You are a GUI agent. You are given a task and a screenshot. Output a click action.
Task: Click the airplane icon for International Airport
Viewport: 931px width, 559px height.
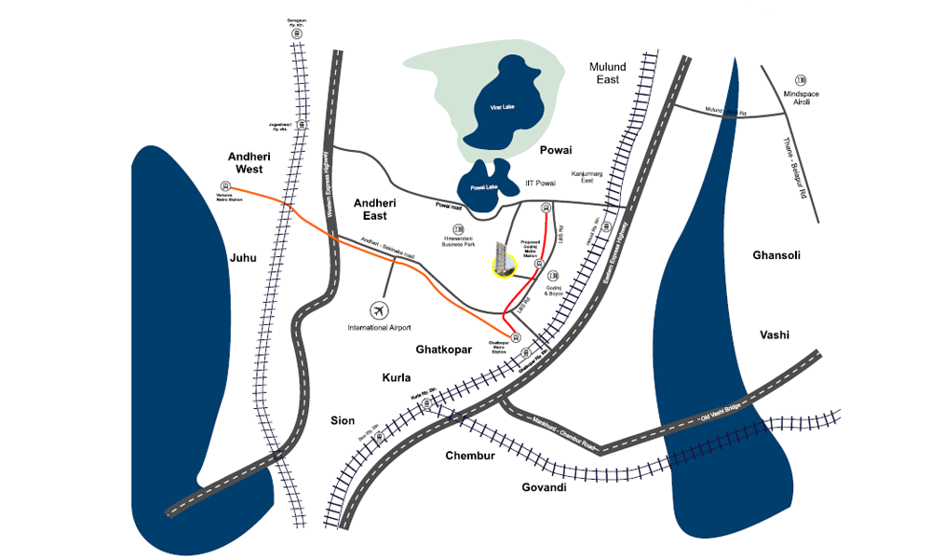point(378,309)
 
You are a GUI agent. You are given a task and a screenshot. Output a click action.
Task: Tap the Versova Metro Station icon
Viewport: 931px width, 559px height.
point(224,184)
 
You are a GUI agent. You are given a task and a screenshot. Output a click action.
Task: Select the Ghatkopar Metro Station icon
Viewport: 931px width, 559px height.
point(515,336)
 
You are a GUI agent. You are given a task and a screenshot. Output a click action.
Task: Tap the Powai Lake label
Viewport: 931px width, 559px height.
point(485,187)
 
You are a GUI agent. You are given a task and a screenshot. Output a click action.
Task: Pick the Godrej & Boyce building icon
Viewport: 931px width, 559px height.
point(553,276)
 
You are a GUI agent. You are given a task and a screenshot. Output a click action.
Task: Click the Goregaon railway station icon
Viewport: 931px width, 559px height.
point(296,34)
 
